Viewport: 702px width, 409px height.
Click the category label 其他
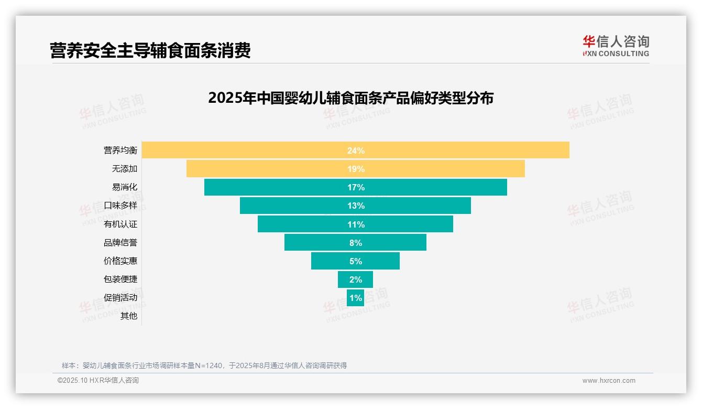pos(128,316)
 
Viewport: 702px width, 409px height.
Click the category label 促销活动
pos(120,297)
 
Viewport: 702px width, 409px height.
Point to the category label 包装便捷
pos(120,279)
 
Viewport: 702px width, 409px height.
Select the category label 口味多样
pos(120,206)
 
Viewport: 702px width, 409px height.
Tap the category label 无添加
pos(124,169)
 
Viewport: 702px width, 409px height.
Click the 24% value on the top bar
pos(356,150)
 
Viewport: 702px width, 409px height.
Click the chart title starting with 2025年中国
pos(350,98)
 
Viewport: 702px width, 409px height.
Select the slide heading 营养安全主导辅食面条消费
pos(150,50)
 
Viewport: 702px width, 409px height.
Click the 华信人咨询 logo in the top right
pos(616,46)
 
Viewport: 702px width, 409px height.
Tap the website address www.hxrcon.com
pos(609,381)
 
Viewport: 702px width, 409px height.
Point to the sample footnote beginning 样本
pos(204,365)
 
